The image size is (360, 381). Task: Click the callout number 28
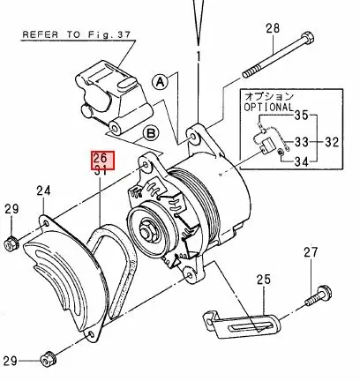pos(272,28)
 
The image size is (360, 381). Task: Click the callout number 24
pos(43,190)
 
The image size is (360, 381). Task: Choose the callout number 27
pos(310,253)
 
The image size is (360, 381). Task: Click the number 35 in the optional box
pos(302,116)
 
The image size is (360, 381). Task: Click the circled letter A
pos(160,80)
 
